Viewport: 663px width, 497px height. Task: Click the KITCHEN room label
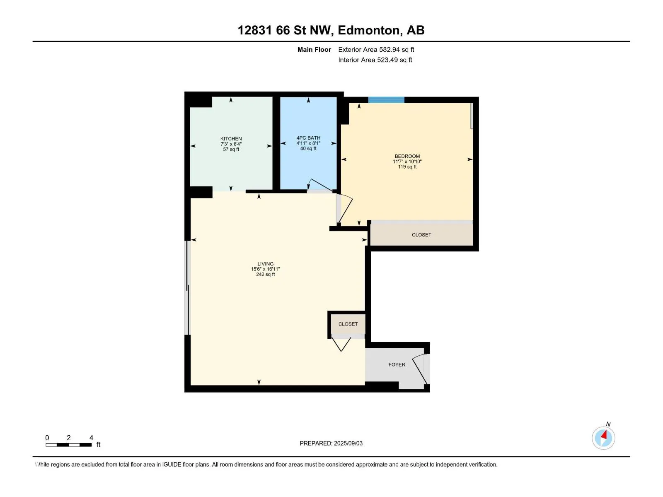click(231, 139)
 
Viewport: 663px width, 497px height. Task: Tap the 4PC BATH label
click(308, 138)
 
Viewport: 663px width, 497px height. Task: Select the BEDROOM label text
click(407, 156)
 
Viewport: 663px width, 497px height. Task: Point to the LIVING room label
click(265, 264)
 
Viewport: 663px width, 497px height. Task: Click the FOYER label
click(397, 364)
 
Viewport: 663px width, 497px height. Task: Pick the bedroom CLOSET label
click(421, 235)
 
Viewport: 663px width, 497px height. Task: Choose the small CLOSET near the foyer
click(348, 324)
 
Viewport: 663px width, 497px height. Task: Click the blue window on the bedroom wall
click(386, 100)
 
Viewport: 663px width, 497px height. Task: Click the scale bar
click(68, 445)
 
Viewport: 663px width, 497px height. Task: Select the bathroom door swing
click(320, 186)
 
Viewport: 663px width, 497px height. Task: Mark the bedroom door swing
click(345, 209)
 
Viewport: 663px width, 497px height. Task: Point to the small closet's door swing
click(341, 344)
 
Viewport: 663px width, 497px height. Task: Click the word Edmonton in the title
click(369, 30)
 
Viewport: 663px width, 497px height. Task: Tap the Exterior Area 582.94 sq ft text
click(376, 49)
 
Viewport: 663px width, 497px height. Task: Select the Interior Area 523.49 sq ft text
click(375, 60)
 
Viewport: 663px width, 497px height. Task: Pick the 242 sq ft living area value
click(265, 274)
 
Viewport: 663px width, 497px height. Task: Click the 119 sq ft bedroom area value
click(407, 166)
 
